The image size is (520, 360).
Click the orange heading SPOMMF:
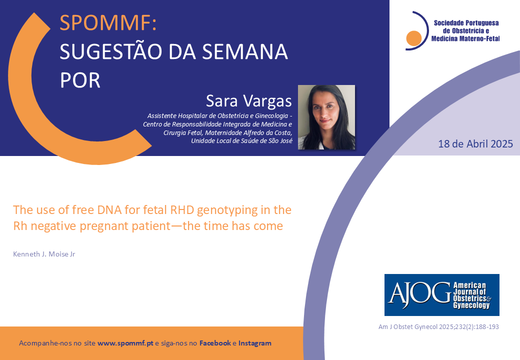[108, 23]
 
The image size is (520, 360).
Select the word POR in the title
[80, 80]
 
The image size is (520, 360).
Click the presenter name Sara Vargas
[248, 101]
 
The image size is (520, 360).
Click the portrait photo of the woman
[326, 117]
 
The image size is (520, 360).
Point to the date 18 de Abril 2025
[475, 144]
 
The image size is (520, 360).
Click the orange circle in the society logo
[413, 38]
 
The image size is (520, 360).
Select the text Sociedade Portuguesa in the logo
[466, 23]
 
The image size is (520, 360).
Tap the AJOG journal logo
[441, 294]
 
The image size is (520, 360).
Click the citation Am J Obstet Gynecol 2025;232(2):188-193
[438, 327]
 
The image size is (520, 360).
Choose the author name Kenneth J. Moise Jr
[44, 254]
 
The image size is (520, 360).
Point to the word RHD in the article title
[182, 210]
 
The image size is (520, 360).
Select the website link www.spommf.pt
[125, 343]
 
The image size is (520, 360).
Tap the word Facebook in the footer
[215, 343]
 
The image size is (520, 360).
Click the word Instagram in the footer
[254, 343]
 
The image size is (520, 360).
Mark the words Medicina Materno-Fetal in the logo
[465, 38]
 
